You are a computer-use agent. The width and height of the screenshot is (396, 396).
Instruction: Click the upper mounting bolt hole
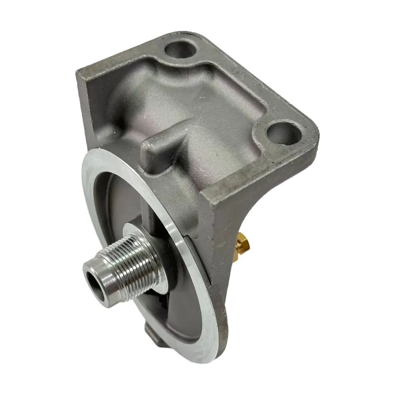179,49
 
